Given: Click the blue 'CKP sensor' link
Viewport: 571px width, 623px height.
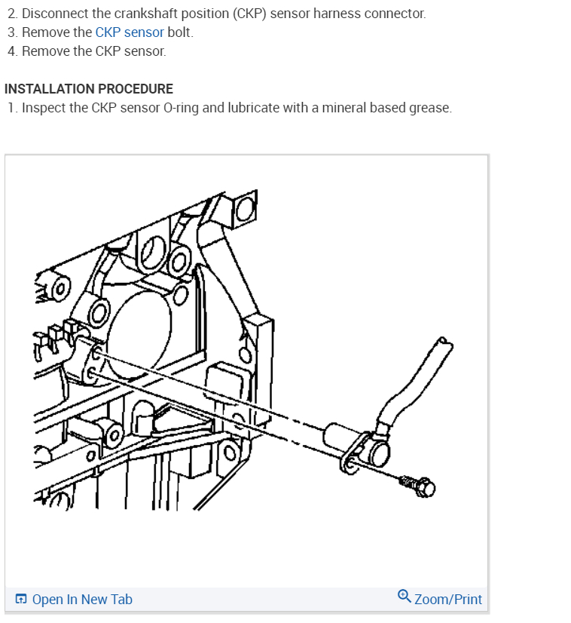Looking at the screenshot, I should (x=129, y=32).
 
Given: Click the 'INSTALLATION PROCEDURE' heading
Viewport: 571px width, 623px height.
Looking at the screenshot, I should (x=89, y=89).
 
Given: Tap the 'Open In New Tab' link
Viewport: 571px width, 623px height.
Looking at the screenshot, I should (x=82, y=600).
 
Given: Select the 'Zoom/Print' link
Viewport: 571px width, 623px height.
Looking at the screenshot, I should (x=447, y=600).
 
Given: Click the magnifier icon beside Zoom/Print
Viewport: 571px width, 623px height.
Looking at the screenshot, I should (x=404, y=597).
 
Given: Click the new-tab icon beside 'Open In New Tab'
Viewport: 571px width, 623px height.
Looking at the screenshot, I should (x=21, y=600).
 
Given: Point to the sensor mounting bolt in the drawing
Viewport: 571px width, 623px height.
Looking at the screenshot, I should (x=418, y=487).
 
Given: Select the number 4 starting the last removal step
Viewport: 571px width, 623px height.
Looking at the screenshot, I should (x=11, y=51).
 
